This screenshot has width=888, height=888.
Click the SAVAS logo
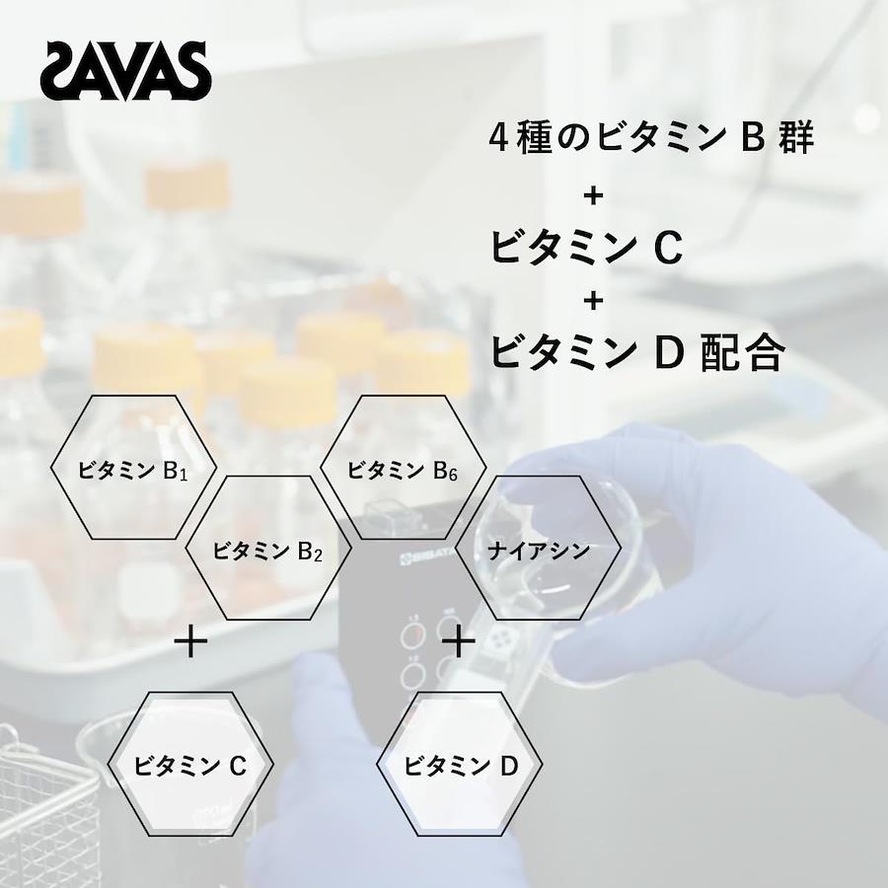pyautogui.click(x=125, y=71)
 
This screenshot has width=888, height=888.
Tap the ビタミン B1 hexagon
pyautogui.click(x=133, y=468)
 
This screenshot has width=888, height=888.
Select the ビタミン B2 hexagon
pyautogui.click(x=268, y=548)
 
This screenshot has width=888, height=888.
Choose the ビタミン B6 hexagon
pyautogui.click(x=404, y=468)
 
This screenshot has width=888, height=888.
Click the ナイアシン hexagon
pyautogui.click(x=539, y=548)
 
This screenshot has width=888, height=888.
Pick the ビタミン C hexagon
pyautogui.click(x=190, y=764)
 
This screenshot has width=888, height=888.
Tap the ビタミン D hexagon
pyautogui.click(x=460, y=764)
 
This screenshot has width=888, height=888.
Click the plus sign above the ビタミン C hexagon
pyautogui.click(x=190, y=643)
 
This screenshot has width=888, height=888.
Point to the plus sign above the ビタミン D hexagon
pyautogui.click(x=459, y=643)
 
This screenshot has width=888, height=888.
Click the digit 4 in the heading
pyautogui.click(x=498, y=137)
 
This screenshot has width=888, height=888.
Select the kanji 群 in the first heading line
pyautogui.click(x=796, y=137)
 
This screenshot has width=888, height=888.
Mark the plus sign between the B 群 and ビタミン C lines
pyautogui.click(x=594, y=196)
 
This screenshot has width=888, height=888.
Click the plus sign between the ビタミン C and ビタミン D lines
pyautogui.click(x=594, y=301)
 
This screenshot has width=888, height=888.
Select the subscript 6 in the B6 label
pyautogui.click(x=453, y=475)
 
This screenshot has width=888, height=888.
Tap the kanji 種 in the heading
pyautogui.click(x=535, y=137)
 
